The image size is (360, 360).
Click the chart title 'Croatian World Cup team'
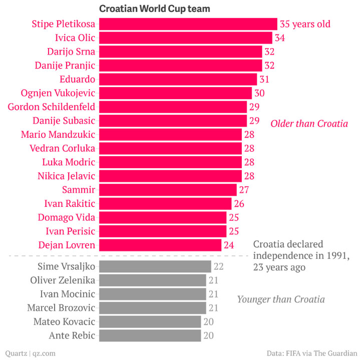coord(155,9)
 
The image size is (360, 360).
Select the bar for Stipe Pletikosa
coord(188,24)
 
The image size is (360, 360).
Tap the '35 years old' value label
coord(305,24)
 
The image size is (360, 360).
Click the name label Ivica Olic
coord(75,38)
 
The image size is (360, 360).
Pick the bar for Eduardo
coord(178,79)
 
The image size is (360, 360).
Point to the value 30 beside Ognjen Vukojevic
coord(259,93)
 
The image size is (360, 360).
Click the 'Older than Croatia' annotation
coord(309,123)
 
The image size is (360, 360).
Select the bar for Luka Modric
coord(170,162)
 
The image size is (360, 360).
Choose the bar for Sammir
coord(168,190)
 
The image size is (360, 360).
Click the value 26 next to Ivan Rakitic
coord(239,204)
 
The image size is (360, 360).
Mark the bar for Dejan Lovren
coord(160,245)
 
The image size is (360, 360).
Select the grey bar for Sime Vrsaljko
coord(155,266)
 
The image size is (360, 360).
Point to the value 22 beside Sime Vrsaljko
coord(218,266)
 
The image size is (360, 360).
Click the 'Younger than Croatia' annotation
coord(281,299)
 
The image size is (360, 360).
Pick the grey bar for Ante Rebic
coord(150,335)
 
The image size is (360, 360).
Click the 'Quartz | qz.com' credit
coord(30,353)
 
